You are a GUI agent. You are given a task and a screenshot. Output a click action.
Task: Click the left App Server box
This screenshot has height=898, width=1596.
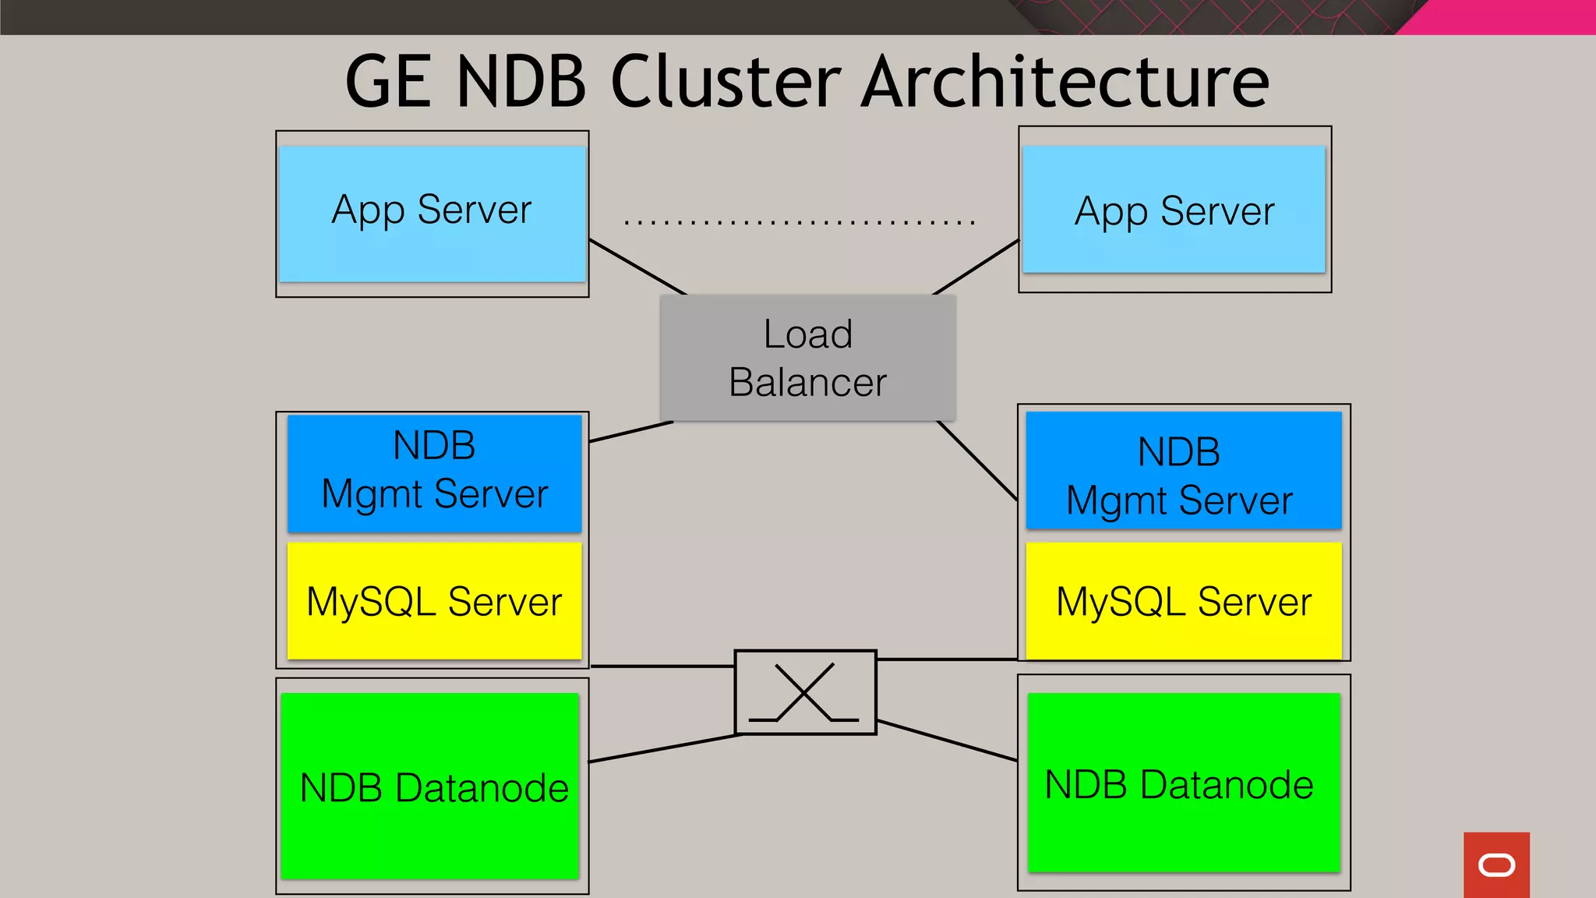[432, 214]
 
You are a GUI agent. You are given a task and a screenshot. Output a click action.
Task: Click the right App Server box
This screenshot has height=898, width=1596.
[1174, 210]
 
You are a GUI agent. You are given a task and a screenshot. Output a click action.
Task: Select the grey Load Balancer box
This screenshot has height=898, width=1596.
[807, 358]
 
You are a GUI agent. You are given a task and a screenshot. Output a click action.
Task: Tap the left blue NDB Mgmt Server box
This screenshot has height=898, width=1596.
[434, 472]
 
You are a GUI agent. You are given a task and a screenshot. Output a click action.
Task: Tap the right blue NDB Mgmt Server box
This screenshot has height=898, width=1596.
[1183, 470]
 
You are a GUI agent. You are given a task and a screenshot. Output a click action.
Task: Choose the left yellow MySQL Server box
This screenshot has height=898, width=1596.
[434, 601]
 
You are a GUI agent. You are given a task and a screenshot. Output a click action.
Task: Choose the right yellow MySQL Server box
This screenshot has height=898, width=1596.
[1183, 601]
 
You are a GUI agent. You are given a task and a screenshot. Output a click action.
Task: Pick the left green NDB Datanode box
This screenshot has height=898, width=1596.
[429, 786]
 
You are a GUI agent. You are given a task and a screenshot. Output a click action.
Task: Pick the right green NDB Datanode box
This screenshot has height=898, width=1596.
[1183, 783]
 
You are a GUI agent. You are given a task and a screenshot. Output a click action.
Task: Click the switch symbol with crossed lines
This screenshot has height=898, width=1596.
[805, 692]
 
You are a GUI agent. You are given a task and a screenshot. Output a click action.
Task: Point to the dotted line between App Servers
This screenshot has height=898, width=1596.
[799, 223]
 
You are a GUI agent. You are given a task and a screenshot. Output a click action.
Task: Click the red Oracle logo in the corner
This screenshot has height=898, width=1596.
[1496, 864]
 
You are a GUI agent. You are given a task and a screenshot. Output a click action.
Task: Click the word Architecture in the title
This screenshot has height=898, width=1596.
[1066, 82]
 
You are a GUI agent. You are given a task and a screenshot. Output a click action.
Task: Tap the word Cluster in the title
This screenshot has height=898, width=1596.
[726, 82]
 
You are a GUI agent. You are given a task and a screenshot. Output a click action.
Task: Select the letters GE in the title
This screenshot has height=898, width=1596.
[388, 82]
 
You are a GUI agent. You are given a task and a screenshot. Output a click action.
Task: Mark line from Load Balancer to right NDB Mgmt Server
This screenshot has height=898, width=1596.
[977, 461]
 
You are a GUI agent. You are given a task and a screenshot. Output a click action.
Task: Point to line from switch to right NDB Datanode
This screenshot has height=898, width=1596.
[947, 741]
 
